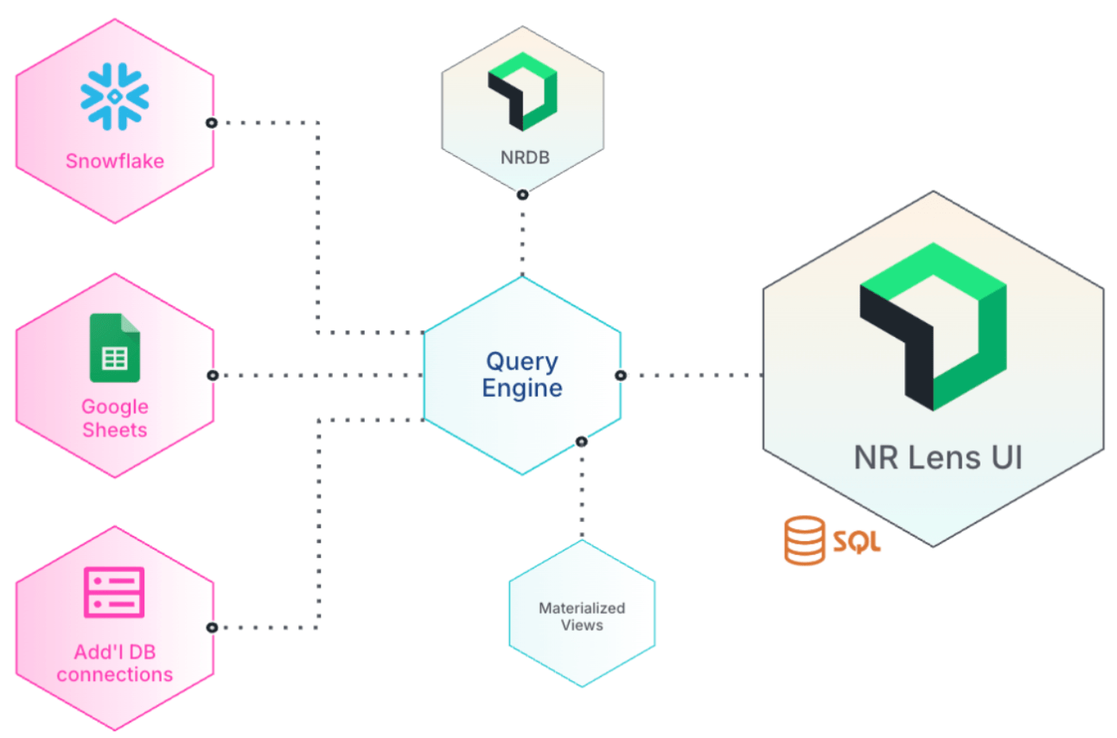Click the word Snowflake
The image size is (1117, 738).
[115, 161]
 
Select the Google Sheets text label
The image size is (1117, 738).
[115, 418]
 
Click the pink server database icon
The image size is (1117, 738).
[115, 592]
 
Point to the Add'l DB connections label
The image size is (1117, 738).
[115, 663]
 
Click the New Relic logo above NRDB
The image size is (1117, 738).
[522, 91]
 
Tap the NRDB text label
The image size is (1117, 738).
[522, 158]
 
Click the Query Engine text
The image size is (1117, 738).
[522, 375]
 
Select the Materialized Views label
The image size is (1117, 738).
[582, 616]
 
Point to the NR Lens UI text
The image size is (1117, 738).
[938, 457]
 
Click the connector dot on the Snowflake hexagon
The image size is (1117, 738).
[212, 123]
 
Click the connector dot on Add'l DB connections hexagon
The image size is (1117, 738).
[212, 627]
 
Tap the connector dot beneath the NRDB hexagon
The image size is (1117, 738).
[522, 194]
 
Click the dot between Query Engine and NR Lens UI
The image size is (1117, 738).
[621, 375]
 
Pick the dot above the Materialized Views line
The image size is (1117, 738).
[582, 442]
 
